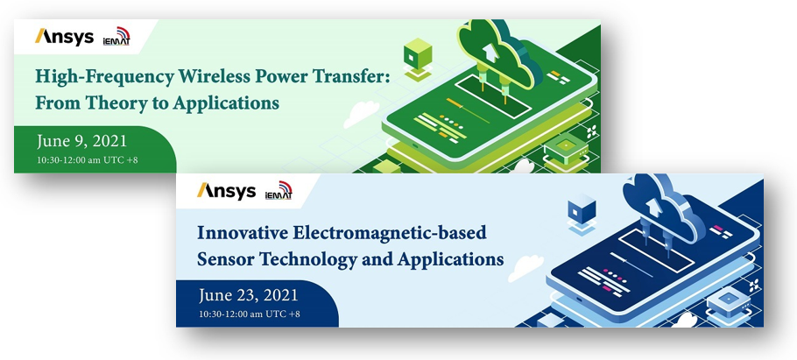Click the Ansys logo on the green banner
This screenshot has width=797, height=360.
[x=64, y=37]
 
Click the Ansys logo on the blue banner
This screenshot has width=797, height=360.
[x=226, y=191]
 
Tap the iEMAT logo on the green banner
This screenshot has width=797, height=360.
[x=116, y=37]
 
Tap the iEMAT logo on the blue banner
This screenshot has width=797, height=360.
[x=279, y=191]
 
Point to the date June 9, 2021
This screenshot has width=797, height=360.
[x=81, y=141]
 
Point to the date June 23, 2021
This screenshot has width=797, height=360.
[x=249, y=295]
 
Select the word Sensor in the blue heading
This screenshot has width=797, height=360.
[x=225, y=259]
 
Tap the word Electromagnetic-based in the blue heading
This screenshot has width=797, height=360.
[x=389, y=233]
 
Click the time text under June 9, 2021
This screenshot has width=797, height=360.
[x=88, y=159]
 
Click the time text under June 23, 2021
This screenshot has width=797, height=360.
[x=250, y=314]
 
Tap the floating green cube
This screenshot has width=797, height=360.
[x=418, y=56]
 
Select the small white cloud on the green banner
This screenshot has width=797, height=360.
[x=361, y=115]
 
